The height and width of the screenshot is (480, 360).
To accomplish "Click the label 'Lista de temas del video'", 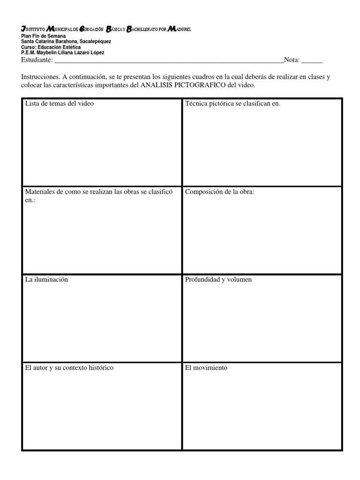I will point(59,104).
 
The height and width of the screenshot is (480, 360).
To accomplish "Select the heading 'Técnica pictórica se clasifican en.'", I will point(232,104).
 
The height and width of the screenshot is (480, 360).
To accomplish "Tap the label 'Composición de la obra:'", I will point(219,192).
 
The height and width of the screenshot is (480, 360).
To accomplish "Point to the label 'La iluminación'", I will point(46,280).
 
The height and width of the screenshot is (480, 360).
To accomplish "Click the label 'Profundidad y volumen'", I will point(218,280).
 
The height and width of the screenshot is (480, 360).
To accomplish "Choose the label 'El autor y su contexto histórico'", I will point(69,368).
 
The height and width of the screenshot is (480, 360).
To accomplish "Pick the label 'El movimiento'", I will point(206,368).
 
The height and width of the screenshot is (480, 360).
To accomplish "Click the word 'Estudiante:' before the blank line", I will point(37,60).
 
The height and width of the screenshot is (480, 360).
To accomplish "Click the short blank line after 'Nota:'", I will point(312,61).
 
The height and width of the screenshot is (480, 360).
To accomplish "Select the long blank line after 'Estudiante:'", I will point(169,61).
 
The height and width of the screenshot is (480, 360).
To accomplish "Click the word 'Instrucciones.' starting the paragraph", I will point(41,77).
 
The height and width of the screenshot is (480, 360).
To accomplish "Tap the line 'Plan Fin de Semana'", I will point(44,36).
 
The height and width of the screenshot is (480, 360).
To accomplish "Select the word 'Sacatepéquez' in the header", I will point(95,42).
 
